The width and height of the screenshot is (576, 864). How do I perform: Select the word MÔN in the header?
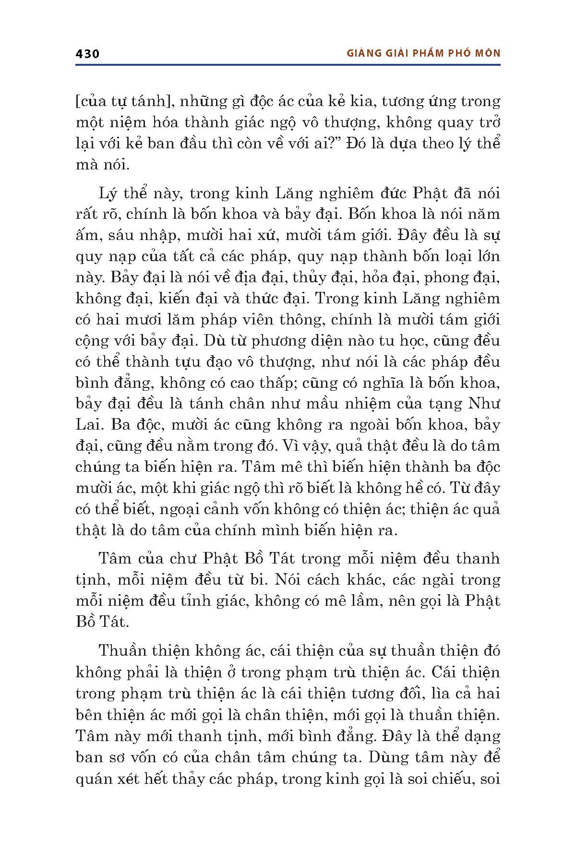pos(486,53)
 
